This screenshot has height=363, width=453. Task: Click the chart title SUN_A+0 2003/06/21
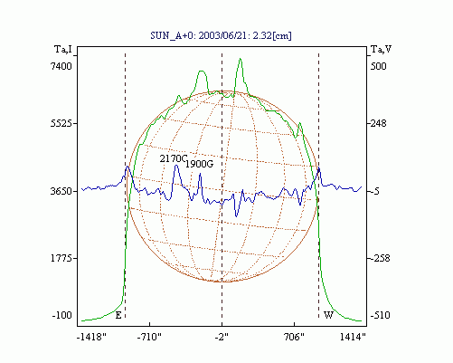[221, 35]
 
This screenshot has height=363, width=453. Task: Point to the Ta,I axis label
[63, 49]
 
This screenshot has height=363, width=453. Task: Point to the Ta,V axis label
[381, 49]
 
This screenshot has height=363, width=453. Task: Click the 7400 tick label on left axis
[61, 66]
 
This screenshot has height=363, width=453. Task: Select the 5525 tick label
[61, 123]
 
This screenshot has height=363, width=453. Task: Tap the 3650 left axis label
[61, 191]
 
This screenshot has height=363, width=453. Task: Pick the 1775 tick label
[61, 258]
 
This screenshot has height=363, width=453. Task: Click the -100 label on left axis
[62, 316]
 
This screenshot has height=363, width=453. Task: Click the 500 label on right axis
[378, 66]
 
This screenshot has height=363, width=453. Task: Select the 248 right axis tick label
[378, 123]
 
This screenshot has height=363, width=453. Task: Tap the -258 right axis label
[380, 258]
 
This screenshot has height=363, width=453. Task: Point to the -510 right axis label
[380, 316]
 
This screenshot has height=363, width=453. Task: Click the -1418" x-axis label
[91, 337]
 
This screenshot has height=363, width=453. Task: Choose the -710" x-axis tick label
[149, 337]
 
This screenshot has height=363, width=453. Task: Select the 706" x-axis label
[294, 337]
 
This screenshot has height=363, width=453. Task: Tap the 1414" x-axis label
[353, 337]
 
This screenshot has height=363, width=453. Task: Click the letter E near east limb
[118, 316]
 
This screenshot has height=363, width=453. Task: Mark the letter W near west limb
[328, 316]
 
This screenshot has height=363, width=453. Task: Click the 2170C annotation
[174, 158]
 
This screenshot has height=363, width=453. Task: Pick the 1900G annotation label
[199, 164]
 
